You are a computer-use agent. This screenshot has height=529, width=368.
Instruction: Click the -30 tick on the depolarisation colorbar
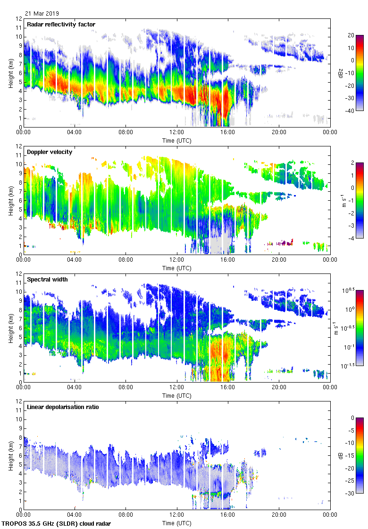[352, 493]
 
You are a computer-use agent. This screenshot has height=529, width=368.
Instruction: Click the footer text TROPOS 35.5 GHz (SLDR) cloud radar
[57, 524]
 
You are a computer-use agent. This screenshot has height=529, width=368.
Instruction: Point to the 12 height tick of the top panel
[19, 19]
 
